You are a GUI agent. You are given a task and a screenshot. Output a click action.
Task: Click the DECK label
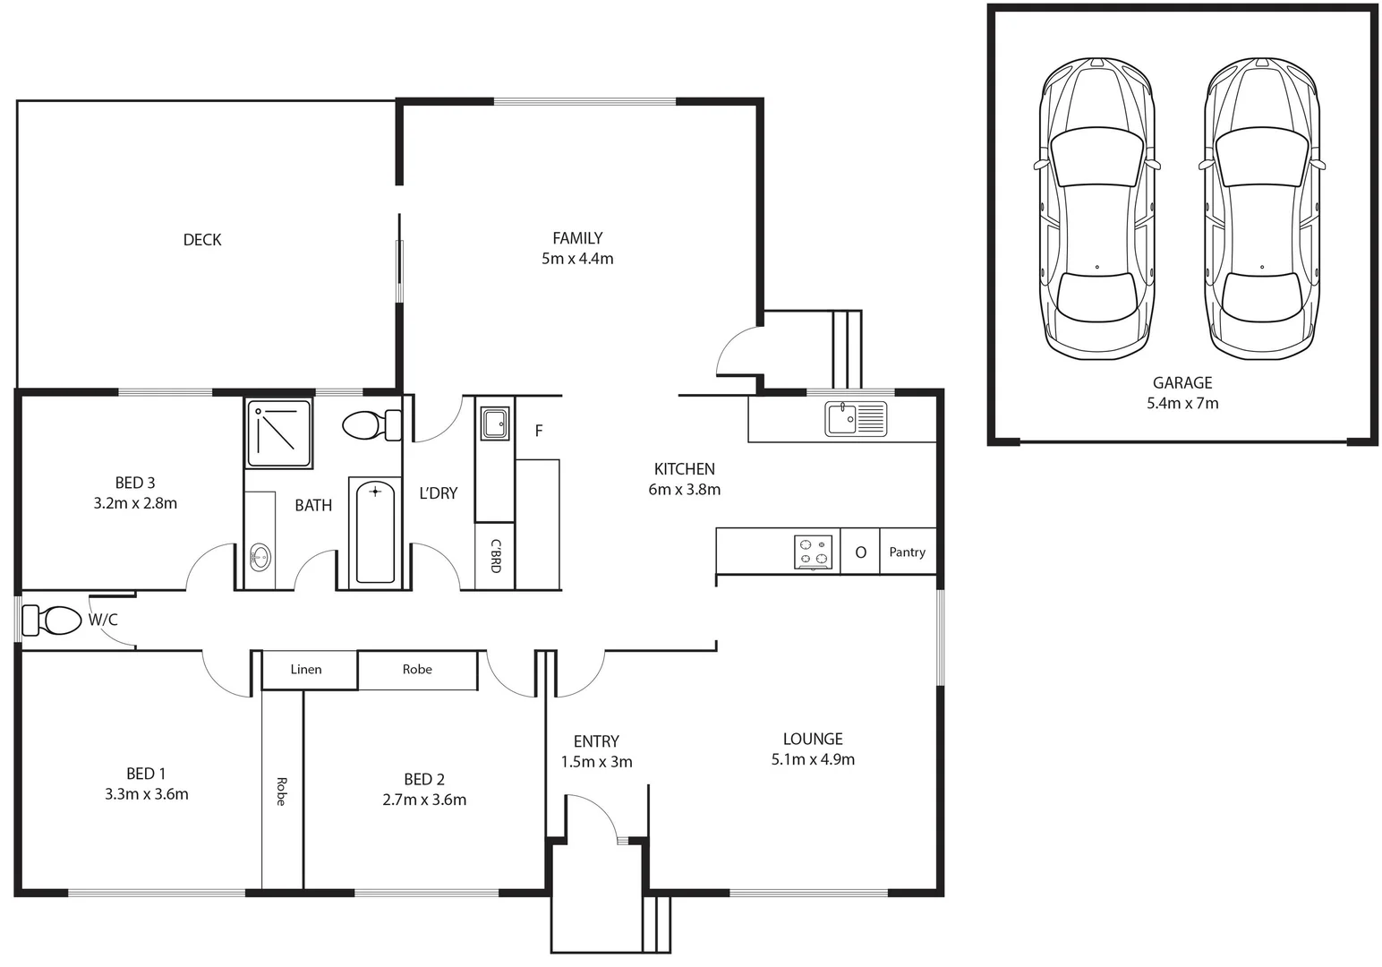pos(202,239)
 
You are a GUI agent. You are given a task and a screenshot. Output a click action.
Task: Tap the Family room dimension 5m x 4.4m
pos(577,259)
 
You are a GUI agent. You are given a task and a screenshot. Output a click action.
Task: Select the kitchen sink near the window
pos(856,419)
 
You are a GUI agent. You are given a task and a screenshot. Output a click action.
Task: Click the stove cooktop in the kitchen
pos(813,552)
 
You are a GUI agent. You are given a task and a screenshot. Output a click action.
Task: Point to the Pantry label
pos(907,552)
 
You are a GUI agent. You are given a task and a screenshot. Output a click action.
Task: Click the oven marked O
pos(861,552)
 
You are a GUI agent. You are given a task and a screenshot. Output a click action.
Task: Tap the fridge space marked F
pos(539,431)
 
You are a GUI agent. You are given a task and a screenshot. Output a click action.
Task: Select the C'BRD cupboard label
pos(495,556)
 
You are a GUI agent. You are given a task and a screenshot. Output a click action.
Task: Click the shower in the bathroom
pos(279,433)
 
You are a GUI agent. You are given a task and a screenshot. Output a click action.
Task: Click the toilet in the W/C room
pos(52,620)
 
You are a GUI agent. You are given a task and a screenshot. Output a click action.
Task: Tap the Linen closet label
pos(306,670)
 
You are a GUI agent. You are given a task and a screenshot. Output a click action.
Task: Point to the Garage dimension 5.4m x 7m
pos(1182,404)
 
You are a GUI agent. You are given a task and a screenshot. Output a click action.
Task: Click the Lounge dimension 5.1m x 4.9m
pos(813,759)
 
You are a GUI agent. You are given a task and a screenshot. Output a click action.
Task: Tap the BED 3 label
pos(135,483)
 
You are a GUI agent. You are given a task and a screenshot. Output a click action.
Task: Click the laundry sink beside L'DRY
pos(495,424)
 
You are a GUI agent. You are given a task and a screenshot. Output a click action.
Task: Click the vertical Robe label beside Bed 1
pos(281,792)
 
